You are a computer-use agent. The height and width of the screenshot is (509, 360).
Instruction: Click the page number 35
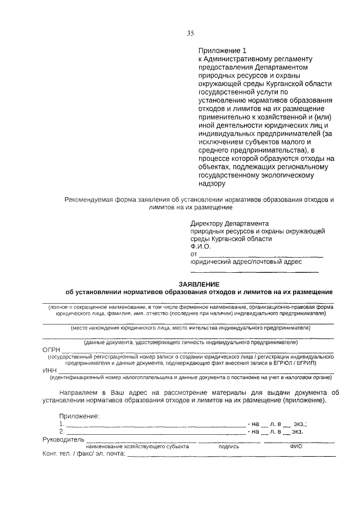(190, 33)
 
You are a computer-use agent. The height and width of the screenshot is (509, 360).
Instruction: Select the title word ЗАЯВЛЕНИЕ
(199, 283)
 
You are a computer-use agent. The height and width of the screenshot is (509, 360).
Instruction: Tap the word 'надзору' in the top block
(211, 183)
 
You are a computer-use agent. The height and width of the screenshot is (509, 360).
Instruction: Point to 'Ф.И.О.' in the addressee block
(200, 246)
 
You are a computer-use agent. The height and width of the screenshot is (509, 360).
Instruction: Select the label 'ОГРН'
(52, 349)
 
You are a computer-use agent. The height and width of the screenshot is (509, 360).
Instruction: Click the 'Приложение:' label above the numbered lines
(79, 416)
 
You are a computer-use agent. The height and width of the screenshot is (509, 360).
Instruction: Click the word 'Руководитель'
(64, 439)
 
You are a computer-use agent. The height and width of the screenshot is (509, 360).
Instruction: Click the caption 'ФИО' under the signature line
(296, 447)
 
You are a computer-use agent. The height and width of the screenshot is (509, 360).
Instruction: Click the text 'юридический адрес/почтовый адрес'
(246, 262)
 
